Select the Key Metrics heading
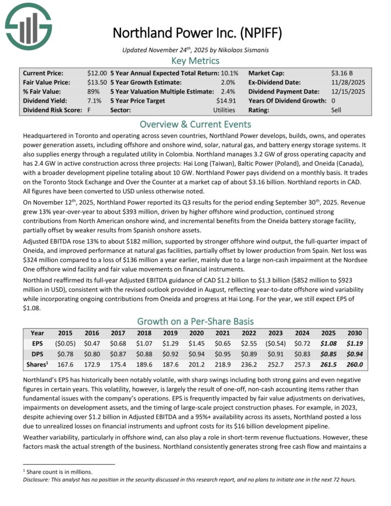click(196, 61)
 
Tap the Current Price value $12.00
click(97, 73)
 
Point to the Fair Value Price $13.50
click(97, 83)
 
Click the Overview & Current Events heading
click(196, 124)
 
